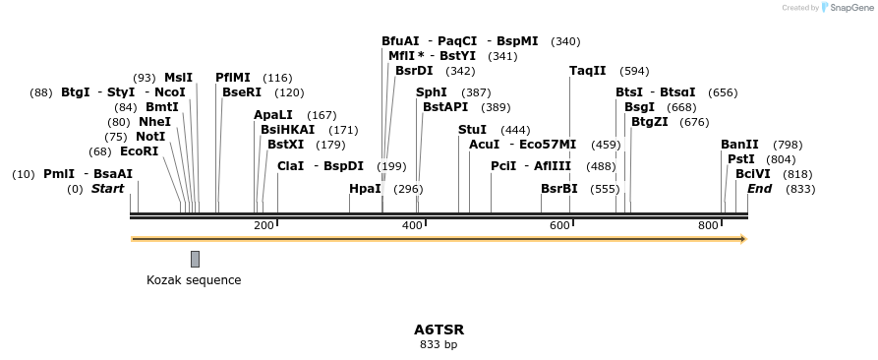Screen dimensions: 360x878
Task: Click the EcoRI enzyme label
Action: pyautogui.click(x=139, y=151)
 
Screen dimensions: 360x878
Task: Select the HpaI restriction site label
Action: pyautogui.click(x=365, y=189)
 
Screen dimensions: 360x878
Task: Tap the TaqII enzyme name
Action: pyautogui.click(x=588, y=71)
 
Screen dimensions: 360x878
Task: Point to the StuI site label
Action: pyautogui.click(x=472, y=130)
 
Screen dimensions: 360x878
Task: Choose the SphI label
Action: pyautogui.click(x=432, y=92)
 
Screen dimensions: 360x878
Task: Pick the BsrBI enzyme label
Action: pyautogui.click(x=559, y=189)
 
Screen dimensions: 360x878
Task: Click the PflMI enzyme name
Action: pyautogui.click(x=233, y=78)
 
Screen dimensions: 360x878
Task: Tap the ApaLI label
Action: pyautogui.click(x=273, y=115)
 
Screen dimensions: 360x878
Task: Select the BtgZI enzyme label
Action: pyautogui.click(x=650, y=122)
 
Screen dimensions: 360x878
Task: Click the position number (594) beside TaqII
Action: pyautogui.click(x=635, y=71)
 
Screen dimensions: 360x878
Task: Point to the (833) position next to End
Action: pyautogui.click(x=800, y=189)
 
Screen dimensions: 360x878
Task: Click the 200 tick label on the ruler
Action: pyautogui.click(x=263, y=226)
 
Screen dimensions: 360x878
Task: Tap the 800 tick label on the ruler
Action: pyautogui.click(x=708, y=226)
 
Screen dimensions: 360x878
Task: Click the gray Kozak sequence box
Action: pyautogui.click(x=195, y=259)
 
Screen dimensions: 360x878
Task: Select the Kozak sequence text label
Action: pyautogui.click(x=194, y=280)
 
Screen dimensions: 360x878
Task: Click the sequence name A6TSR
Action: pyautogui.click(x=439, y=330)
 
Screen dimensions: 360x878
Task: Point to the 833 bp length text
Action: pyautogui.click(x=439, y=345)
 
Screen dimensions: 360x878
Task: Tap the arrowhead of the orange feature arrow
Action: pyautogui.click(x=742, y=239)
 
